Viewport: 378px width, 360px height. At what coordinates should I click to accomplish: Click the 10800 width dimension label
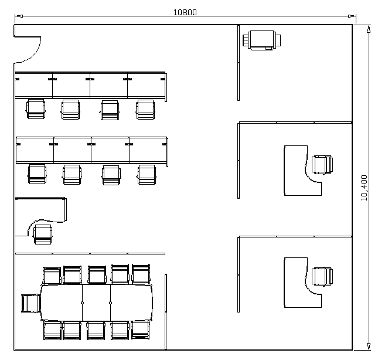185,12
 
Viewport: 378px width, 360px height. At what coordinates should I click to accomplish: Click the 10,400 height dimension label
364,188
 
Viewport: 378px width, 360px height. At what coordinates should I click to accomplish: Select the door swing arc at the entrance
32,53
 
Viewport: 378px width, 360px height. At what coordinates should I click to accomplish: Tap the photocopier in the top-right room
261,40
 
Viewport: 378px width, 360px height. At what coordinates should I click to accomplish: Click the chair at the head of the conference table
31,303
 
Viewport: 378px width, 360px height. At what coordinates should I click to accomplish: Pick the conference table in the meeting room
97,303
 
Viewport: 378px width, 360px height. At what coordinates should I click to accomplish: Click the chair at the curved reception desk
43,235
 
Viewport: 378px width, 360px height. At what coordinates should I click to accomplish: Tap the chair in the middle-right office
322,165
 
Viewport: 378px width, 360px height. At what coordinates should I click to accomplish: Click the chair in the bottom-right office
322,276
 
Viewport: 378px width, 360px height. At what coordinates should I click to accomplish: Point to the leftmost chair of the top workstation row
36,109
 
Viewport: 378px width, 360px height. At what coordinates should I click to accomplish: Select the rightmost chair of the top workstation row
145,110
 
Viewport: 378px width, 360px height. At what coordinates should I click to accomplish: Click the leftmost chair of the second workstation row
37,174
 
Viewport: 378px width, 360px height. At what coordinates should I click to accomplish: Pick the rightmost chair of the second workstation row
147,175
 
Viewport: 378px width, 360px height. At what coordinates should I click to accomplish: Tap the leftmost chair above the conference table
52,276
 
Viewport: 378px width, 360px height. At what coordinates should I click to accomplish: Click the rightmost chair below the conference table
141,330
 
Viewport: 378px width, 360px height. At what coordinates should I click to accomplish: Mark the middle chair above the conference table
97,275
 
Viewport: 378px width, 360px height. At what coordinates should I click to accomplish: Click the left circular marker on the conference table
82,303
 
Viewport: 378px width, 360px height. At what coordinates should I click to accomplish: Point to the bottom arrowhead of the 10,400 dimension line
369,346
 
